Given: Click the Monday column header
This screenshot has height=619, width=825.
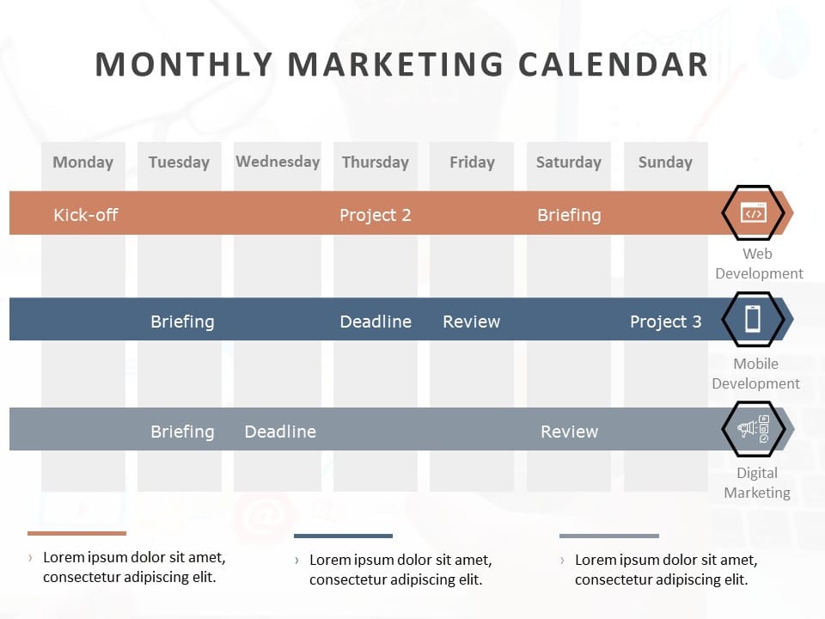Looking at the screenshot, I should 82,162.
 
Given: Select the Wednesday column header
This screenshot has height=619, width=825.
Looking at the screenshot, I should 278,162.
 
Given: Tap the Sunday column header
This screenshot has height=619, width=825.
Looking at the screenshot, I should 665,162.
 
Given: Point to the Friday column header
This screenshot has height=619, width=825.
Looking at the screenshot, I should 472,162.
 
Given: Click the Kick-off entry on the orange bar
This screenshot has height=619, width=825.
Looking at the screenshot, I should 85,215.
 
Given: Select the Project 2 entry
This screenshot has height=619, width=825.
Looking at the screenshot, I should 375,215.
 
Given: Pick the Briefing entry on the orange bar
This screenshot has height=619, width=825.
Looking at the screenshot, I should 569,215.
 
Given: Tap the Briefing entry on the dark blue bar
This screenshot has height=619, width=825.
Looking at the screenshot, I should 182,322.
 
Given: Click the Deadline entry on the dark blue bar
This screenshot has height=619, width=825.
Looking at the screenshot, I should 375,322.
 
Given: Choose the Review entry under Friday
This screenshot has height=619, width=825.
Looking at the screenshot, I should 471,322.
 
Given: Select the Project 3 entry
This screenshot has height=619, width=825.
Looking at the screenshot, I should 665,322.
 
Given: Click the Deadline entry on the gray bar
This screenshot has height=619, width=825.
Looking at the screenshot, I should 280,432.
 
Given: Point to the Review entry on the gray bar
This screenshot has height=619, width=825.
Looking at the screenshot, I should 569,432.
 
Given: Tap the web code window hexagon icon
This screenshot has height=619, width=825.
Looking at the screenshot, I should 753,213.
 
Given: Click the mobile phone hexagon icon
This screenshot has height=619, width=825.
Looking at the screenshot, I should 753,319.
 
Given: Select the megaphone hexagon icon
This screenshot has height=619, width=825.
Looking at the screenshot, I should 753,428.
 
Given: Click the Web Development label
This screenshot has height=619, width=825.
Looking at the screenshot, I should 759,263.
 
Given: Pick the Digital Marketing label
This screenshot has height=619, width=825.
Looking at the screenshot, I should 757,482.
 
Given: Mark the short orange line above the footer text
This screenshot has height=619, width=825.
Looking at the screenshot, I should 76,533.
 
